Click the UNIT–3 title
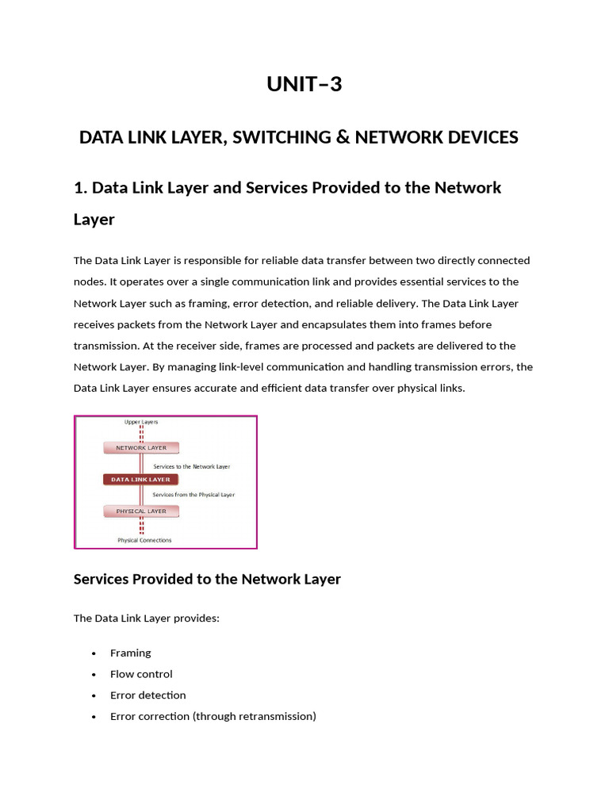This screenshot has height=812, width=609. pos(304,83)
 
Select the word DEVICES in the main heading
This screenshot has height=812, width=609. pos(481,137)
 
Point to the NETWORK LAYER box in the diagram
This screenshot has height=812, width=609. pos(142,448)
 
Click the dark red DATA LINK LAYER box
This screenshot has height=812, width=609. pos(141,480)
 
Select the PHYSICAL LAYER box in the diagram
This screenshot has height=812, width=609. pos(142,511)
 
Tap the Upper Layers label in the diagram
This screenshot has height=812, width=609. pos(141,422)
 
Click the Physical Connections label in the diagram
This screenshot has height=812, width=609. pos(144,540)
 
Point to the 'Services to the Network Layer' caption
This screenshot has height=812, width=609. pos(191,466)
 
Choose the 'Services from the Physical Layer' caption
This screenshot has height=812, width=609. pos(193,495)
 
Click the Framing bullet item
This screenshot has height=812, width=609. pos(131,653)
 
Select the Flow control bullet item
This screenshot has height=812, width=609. pos(141,674)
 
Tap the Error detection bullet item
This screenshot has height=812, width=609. pos(148,695)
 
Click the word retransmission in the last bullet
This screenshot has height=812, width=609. pos(279,716)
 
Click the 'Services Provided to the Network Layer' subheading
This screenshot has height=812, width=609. pos(207,579)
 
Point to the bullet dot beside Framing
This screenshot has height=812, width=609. pos(94,653)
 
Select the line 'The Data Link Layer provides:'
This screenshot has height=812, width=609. pos(146,618)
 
